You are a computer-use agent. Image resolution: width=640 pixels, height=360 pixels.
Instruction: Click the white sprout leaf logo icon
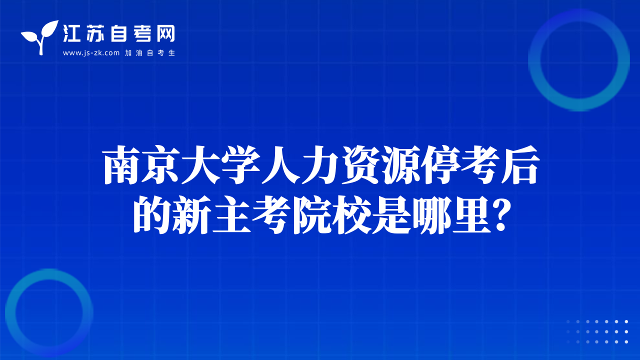(40, 37)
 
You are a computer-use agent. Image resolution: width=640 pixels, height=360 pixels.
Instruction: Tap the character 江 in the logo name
(71, 33)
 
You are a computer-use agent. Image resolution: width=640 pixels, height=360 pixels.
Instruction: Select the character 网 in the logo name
(165, 33)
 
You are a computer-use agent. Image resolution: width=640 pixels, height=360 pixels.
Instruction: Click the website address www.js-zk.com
(91, 53)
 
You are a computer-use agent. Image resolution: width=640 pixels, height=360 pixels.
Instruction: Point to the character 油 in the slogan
(139, 53)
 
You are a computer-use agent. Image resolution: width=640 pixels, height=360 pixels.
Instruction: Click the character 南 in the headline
(121, 165)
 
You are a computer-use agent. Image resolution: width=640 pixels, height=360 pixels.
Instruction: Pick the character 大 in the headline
(201, 165)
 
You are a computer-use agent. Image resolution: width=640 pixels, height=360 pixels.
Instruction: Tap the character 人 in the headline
(280, 165)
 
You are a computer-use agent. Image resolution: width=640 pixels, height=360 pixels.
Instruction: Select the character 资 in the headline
(360, 165)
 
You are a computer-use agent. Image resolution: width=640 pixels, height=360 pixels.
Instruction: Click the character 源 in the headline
(400, 165)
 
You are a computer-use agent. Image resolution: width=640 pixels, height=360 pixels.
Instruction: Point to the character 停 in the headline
(440, 165)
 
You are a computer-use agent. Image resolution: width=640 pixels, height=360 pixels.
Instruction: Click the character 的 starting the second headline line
(152, 215)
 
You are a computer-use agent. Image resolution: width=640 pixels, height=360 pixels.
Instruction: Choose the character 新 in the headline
(191, 215)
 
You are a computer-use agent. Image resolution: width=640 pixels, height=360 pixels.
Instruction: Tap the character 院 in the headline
(311, 215)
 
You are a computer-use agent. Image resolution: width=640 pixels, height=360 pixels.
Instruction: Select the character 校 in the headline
(351, 215)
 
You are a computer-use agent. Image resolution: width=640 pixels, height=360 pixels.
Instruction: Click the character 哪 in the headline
(431, 215)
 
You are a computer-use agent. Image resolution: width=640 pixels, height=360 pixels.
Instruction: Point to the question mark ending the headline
(502, 215)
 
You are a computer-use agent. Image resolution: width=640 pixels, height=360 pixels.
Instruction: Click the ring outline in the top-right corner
(534, 60)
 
